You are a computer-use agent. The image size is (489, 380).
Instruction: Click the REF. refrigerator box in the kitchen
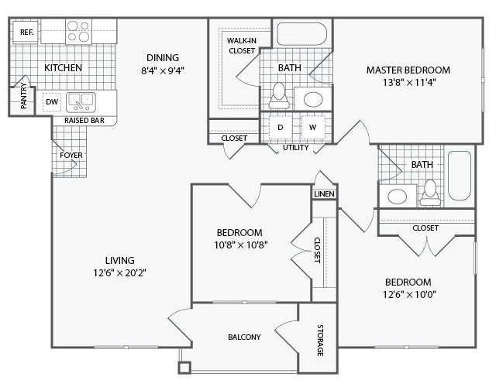pyautogui.click(x=26, y=32)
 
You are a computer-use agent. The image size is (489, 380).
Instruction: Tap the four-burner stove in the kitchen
pyautogui.click(x=78, y=31)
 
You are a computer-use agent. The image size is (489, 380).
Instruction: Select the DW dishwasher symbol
pyautogui.click(x=52, y=102)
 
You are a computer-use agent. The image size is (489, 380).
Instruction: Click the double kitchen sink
pyautogui.click(x=81, y=102)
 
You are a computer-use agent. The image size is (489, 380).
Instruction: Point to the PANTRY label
pyautogui.click(x=24, y=96)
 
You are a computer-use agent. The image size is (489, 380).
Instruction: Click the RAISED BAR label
pyautogui.click(x=84, y=121)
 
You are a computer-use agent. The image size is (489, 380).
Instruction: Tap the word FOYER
pyautogui.click(x=71, y=155)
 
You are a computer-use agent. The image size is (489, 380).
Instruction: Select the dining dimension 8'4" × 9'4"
pyautogui.click(x=163, y=70)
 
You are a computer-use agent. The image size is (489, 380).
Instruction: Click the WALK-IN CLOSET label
pyautogui.click(x=242, y=46)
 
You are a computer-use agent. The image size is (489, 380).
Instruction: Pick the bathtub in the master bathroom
pyautogui.click(x=302, y=34)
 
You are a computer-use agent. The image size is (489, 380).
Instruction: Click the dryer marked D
pyautogui.click(x=281, y=127)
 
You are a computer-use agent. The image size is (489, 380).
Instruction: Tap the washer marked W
pyautogui.click(x=313, y=127)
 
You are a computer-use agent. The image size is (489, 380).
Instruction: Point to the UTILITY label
pyautogui.click(x=295, y=147)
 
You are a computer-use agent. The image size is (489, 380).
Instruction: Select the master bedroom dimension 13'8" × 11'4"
pyautogui.click(x=409, y=83)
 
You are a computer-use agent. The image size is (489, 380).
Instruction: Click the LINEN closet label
pyautogui.click(x=325, y=194)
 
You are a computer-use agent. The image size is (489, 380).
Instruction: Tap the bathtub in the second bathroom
pyautogui.click(x=460, y=176)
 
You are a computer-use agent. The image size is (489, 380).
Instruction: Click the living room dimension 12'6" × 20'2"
pyautogui.click(x=120, y=273)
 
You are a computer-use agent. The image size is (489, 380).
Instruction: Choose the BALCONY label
pyautogui.click(x=244, y=337)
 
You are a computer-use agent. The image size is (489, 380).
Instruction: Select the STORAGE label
pyautogui.click(x=320, y=340)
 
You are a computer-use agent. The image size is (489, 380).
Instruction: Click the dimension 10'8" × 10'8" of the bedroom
pyautogui.click(x=241, y=245)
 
